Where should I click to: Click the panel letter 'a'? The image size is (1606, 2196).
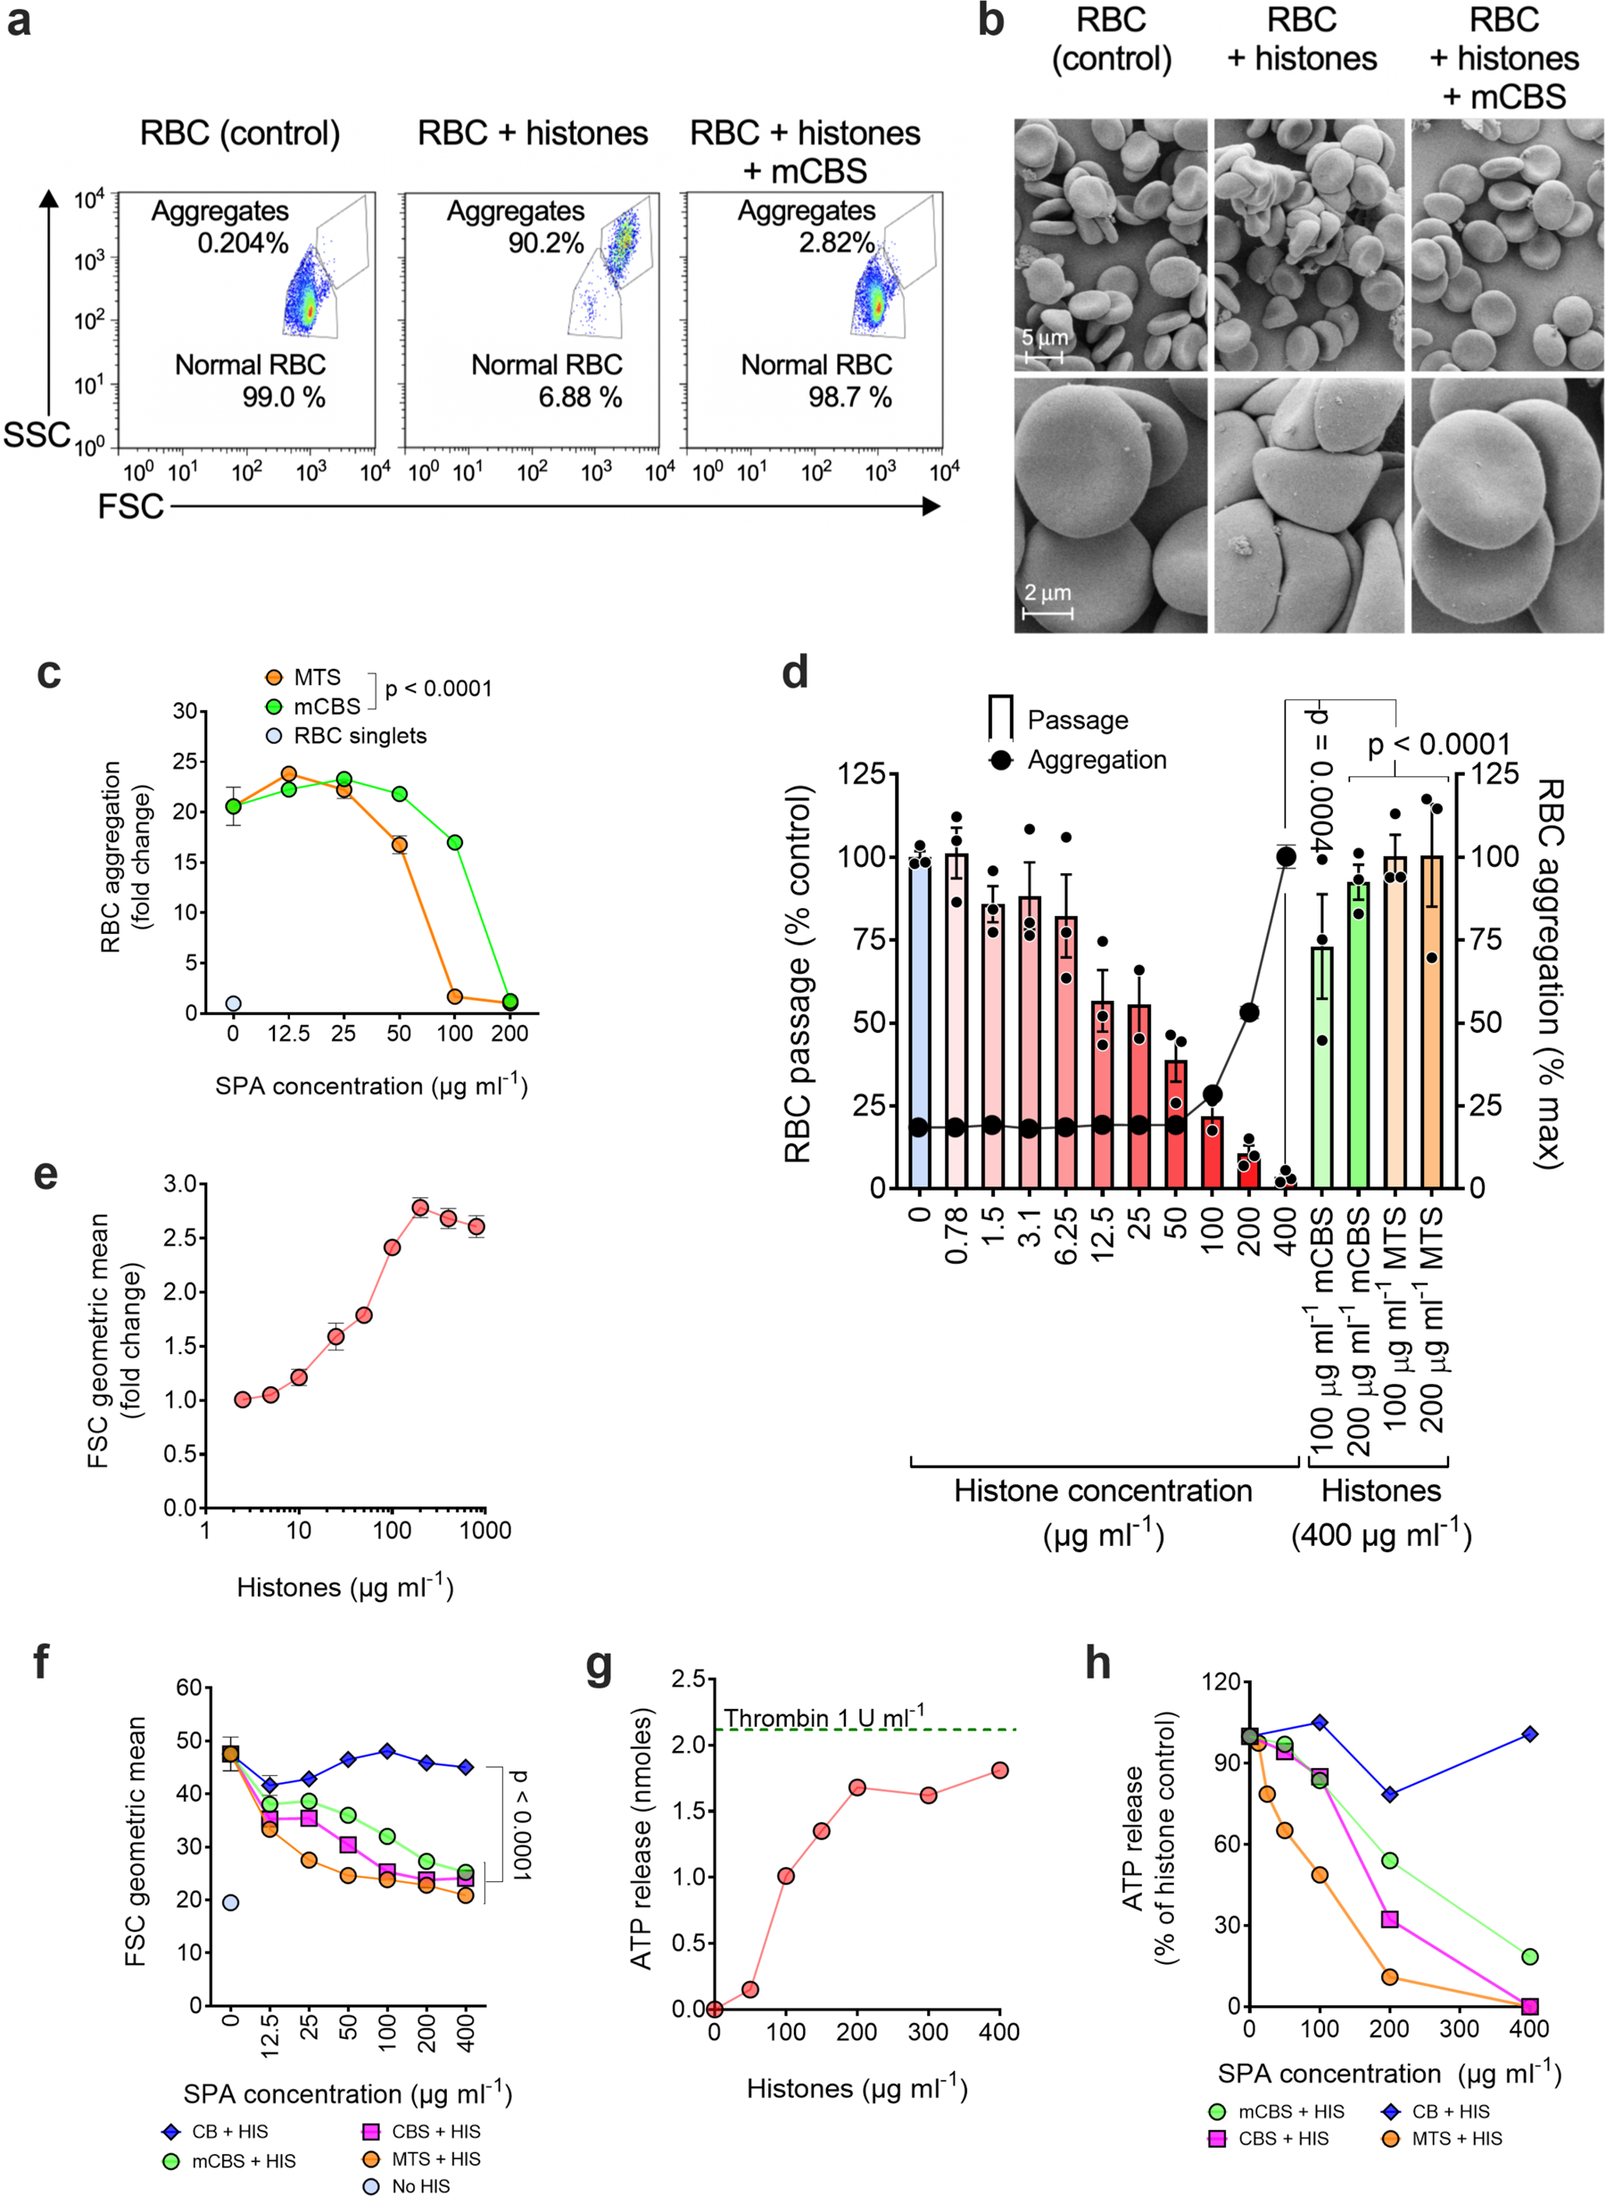tap(19, 21)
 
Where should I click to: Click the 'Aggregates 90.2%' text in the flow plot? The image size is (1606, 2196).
tap(515, 227)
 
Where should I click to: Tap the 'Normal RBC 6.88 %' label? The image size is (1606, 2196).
tap(547, 380)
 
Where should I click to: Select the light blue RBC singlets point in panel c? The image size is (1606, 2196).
tap(234, 1003)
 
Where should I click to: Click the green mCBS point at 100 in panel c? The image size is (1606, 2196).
tap(454, 842)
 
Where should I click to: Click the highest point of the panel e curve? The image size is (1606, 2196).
tap(420, 1208)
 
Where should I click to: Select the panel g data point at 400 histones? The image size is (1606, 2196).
tap(999, 1771)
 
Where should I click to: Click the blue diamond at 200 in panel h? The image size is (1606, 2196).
tap(1389, 1794)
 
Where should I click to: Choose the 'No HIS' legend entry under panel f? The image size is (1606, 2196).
tap(408, 2186)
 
